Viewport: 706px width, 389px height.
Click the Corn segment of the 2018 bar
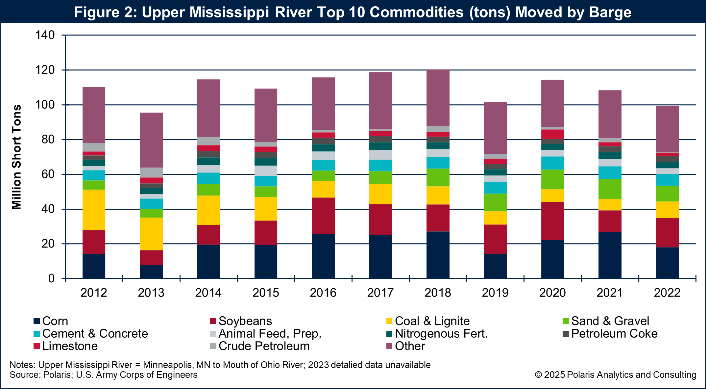tap(438, 255)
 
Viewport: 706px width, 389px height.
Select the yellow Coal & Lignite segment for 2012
tap(94, 210)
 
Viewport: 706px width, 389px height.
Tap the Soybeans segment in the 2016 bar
tap(323, 216)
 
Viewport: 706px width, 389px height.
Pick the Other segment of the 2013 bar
tap(151, 140)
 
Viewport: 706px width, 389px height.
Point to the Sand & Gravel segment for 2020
tap(552, 179)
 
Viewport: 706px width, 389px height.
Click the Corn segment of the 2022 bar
tap(667, 263)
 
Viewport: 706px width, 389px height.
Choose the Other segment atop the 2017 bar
tap(380, 101)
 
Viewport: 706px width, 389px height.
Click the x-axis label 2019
tap(495, 293)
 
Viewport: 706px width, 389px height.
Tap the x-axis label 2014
tap(208, 293)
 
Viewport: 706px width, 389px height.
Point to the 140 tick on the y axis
tap(45, 35)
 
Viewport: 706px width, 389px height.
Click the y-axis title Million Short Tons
tap(16, 157)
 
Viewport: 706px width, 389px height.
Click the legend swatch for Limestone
tap(37, 346)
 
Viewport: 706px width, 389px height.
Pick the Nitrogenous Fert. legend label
tap(441, 334)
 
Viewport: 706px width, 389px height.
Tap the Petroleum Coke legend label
tap(614, 334)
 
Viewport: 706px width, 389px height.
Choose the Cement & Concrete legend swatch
tap(37, 334)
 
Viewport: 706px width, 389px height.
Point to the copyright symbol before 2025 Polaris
tap(538, 375)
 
